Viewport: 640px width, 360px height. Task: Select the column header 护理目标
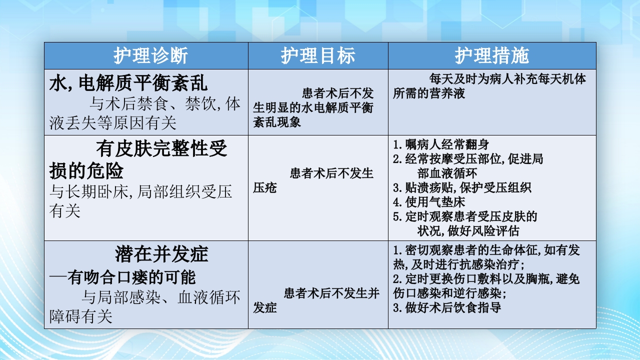[318, 56]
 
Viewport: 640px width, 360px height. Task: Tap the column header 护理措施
[492, 56]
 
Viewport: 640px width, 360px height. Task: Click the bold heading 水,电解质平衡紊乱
[128, 84]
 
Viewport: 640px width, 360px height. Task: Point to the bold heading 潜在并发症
[161, 254]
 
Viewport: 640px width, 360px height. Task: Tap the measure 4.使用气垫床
[429, 202]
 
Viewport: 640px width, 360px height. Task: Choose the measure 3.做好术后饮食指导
[447, 307]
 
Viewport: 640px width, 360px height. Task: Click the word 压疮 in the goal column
[265, 187]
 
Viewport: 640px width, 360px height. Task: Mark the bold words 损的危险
[86, 171]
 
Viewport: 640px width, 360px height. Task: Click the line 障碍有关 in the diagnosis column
[81, 316]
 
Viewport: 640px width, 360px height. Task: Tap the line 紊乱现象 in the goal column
[277, 121]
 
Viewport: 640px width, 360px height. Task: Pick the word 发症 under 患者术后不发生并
[265, 307]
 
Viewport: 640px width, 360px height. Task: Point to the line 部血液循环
[447, 173]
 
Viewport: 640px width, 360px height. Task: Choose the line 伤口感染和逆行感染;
[450, 293]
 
